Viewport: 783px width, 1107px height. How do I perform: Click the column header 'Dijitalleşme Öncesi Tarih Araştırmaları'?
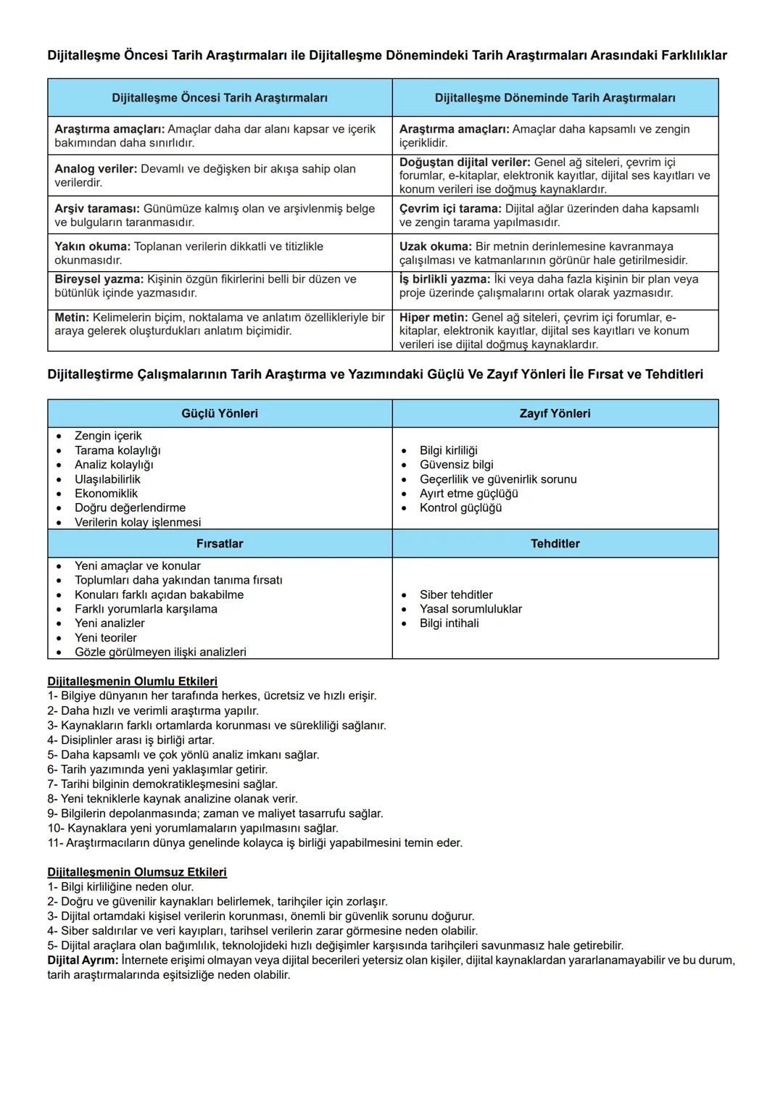click(220, 98)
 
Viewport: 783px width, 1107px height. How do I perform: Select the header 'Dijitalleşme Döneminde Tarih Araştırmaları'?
click(555, 98)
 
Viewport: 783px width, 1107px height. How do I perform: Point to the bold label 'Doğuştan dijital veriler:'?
click(465, 162)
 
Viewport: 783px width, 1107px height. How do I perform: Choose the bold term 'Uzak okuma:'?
click(435, 246)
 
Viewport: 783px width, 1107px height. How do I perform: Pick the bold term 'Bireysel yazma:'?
click(99, 279)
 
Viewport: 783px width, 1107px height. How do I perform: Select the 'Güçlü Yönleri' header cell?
click(220, 413)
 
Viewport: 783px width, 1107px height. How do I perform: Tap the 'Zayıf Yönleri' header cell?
click(555, 413)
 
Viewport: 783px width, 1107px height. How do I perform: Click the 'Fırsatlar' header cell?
click(220, 544)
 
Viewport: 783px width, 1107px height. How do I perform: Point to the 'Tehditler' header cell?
click(555, 544)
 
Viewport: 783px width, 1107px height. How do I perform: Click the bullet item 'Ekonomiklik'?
click(106, 494)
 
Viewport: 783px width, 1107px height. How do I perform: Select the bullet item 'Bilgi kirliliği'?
click(448, 451)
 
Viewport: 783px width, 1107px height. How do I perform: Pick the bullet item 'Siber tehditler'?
click(456, 595)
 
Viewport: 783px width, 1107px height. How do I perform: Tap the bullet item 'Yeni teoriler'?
click(105, 638)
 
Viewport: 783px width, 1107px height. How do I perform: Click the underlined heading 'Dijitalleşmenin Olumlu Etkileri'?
click(132, 681)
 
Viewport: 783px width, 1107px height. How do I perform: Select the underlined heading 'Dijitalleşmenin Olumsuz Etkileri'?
click(137, 872)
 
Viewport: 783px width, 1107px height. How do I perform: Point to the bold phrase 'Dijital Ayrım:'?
click(83, 961)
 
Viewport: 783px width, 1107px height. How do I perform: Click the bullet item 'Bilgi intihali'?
click(449, 623)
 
